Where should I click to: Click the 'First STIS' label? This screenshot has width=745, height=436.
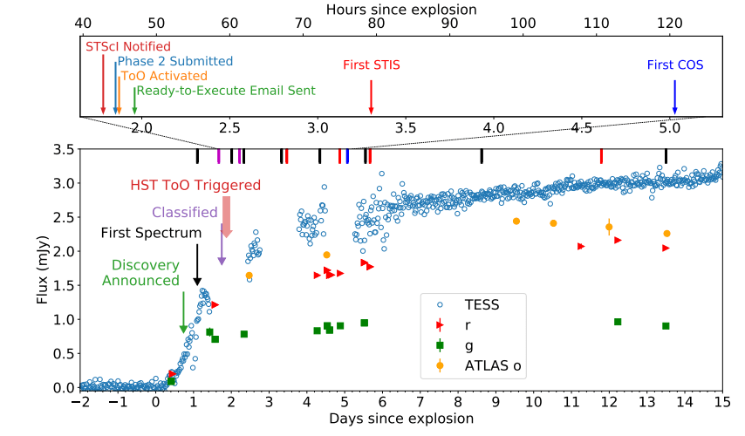point(372,64)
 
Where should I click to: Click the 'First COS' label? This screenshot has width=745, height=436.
point(674,65)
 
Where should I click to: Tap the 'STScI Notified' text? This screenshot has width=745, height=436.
point(127,46)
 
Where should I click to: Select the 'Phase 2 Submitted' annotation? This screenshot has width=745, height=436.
point(175,62)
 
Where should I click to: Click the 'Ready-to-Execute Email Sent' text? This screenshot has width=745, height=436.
point(226,91)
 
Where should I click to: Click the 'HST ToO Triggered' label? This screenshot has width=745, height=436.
point(195,186)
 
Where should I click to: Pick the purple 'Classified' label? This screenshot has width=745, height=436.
point(184,212)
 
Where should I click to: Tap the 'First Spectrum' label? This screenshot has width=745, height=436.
point(151,233)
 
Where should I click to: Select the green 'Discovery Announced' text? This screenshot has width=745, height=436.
point(145,272)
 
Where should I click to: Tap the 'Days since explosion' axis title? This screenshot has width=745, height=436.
point(401,419)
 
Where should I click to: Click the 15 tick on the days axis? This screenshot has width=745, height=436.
point(721,403)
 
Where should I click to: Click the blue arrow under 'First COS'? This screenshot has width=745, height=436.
point(674,98)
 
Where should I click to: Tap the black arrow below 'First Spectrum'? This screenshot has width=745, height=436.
point(197,265)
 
